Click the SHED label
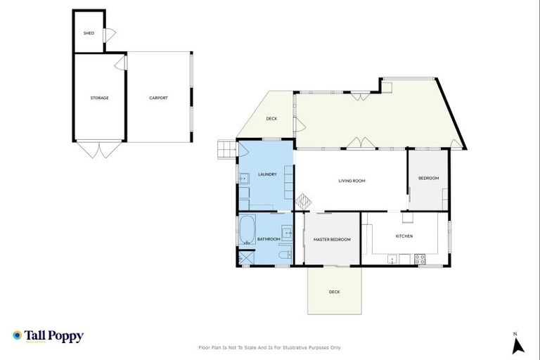coord(89,33)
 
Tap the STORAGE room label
coord(99,98)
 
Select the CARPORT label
coord(158,98)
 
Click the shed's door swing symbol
coord(109,34)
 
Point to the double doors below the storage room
coord(99,149)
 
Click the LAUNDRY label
coord(267,174)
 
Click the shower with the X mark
coord(245,258)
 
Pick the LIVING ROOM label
coord(352,181)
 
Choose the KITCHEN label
coord(404,236)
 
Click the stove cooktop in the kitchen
coord(420,258)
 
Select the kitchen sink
coord(393,259)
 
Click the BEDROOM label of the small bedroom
coord(428,178)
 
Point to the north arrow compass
coord(518,344)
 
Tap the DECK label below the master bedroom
coord(335,292)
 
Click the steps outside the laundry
coord(226,149)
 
